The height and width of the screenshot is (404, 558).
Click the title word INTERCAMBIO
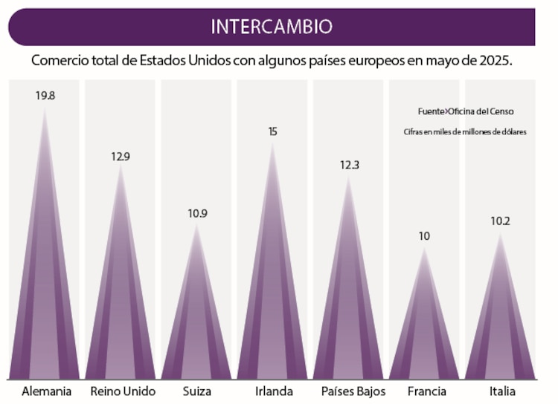click(271, 27)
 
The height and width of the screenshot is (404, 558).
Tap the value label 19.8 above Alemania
click(45, 95)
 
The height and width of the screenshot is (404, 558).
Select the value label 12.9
click(121, 157)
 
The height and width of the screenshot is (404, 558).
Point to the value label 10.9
click(197, 213)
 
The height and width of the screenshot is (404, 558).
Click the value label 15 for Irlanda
click(273, 131)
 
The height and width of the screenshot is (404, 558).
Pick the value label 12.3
click(349, 165)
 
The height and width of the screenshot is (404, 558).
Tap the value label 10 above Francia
click(424, 236)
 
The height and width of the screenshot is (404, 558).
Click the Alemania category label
click(47, 391)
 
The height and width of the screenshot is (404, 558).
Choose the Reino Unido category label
click(123, 391)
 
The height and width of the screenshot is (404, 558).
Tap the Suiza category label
click(197, 391)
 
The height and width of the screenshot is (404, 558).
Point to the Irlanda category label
click(273, 391)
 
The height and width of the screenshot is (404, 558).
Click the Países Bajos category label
click(349, 391)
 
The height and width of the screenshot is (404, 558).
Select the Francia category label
click(427, 391)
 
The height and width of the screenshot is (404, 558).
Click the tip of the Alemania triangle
click(45, 108)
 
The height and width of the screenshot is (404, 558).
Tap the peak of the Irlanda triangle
click(273, 143)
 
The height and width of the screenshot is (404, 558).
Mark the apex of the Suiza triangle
click(197, 224)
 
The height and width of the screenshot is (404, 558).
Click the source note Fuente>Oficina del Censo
click(466, 111)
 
